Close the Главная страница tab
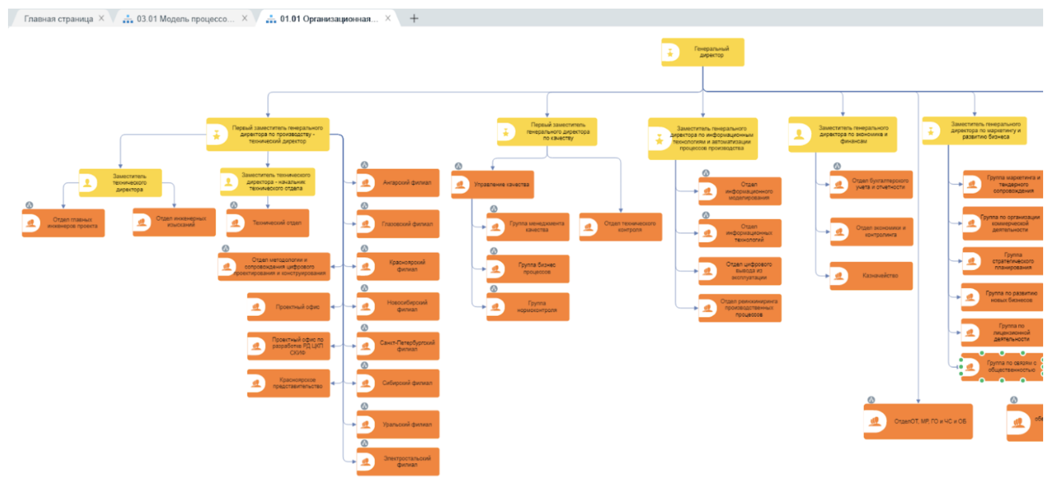click(x=102, y=18)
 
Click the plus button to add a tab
click(x=414, y=18)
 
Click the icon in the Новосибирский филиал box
click(x=366, y=307)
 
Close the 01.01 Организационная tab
click(x=388, y=18)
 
